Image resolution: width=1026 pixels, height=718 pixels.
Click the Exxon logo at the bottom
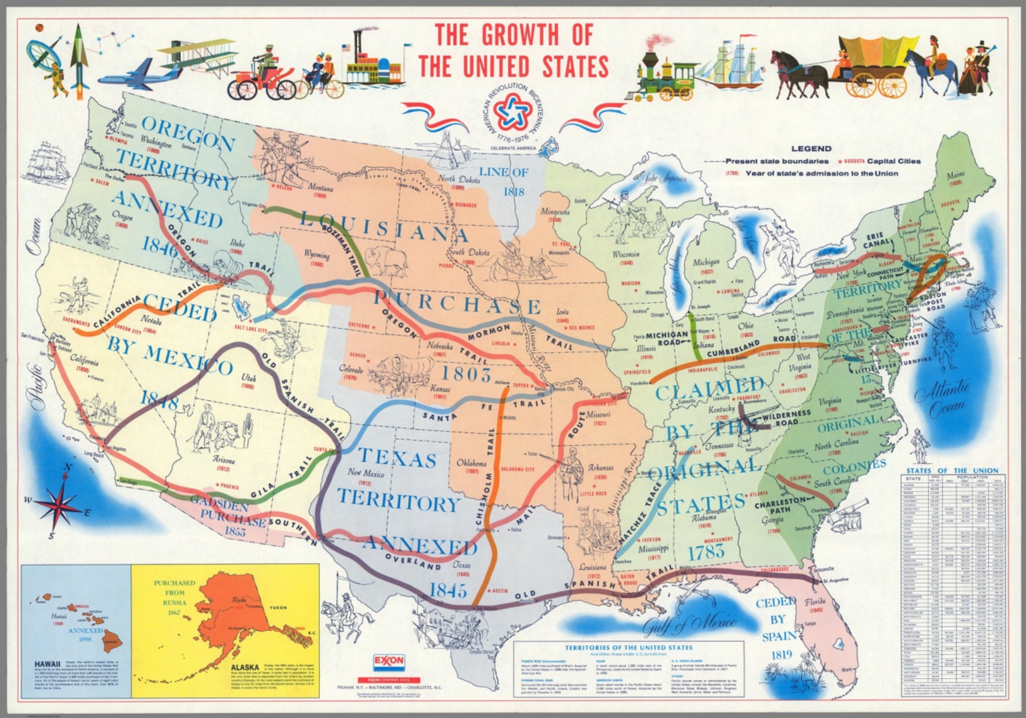pyautogui.click(x=389, y=661)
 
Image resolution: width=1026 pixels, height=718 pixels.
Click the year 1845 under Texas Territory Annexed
pyautogui.click(x=448, y=590)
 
